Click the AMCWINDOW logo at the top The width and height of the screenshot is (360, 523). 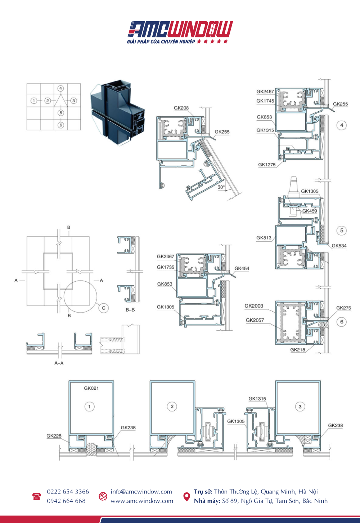tap(180, 32)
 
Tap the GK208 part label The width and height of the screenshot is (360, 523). tap(181, 108)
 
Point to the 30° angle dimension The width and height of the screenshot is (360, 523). tap(221, 187)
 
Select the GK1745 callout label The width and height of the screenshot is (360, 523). tap(265, 101)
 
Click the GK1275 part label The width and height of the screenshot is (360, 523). tap(267, 165)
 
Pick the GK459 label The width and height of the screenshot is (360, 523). tap(310, 211)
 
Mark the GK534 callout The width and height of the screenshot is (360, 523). tap(339, 246)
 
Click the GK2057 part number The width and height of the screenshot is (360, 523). tap(255, 320)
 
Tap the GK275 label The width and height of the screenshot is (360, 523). tap(343, 308)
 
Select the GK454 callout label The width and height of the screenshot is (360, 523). tap(242, 268)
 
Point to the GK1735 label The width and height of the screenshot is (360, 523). tap(165, 267)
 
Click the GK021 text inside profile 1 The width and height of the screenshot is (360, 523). tap(91, 388)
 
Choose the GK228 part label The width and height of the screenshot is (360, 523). tap(54, 436)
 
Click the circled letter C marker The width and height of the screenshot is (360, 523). tap(104, 308)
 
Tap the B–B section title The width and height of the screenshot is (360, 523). tap(130, 310)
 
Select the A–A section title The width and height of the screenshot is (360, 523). tap(59, 363)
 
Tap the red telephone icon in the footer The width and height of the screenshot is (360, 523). tap(37, 496)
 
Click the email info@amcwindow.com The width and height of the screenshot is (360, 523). tap(141, 491)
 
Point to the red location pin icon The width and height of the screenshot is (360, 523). tap(186, 497)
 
